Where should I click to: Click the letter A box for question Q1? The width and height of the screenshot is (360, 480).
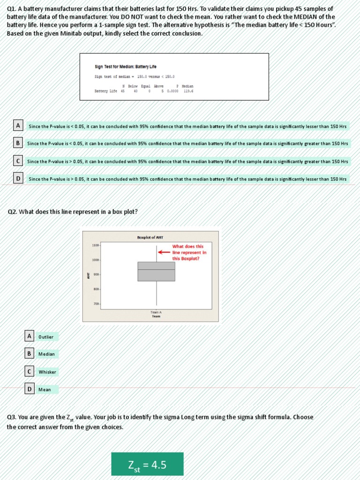coord(18,126)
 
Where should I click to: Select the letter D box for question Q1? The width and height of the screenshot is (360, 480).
coord(18,179)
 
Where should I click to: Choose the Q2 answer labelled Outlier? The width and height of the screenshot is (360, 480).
coord(46,337)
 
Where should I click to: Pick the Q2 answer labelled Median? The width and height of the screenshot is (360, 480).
coord(46,354)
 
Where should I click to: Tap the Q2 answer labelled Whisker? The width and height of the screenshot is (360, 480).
coord(47,372)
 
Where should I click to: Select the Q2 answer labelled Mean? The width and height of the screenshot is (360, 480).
coord(45,390)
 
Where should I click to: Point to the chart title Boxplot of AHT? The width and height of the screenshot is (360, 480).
coord(150,238)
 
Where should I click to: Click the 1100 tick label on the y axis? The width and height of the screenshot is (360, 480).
coord(96,245)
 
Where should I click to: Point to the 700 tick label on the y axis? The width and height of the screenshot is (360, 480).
coord(96,304)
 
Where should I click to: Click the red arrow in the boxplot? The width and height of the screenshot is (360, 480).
coord(164,252)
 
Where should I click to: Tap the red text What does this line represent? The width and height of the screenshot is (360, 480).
coord(189,252)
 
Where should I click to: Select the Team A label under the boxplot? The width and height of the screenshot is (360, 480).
coord(156,312)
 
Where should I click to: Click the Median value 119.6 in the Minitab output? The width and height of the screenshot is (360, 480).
coord(188,91)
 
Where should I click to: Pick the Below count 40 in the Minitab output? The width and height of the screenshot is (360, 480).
coord(135,91)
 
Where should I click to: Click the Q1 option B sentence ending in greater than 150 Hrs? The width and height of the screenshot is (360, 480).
coord(187,143)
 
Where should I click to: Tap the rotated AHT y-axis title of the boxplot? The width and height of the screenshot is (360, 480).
coord(88,275)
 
